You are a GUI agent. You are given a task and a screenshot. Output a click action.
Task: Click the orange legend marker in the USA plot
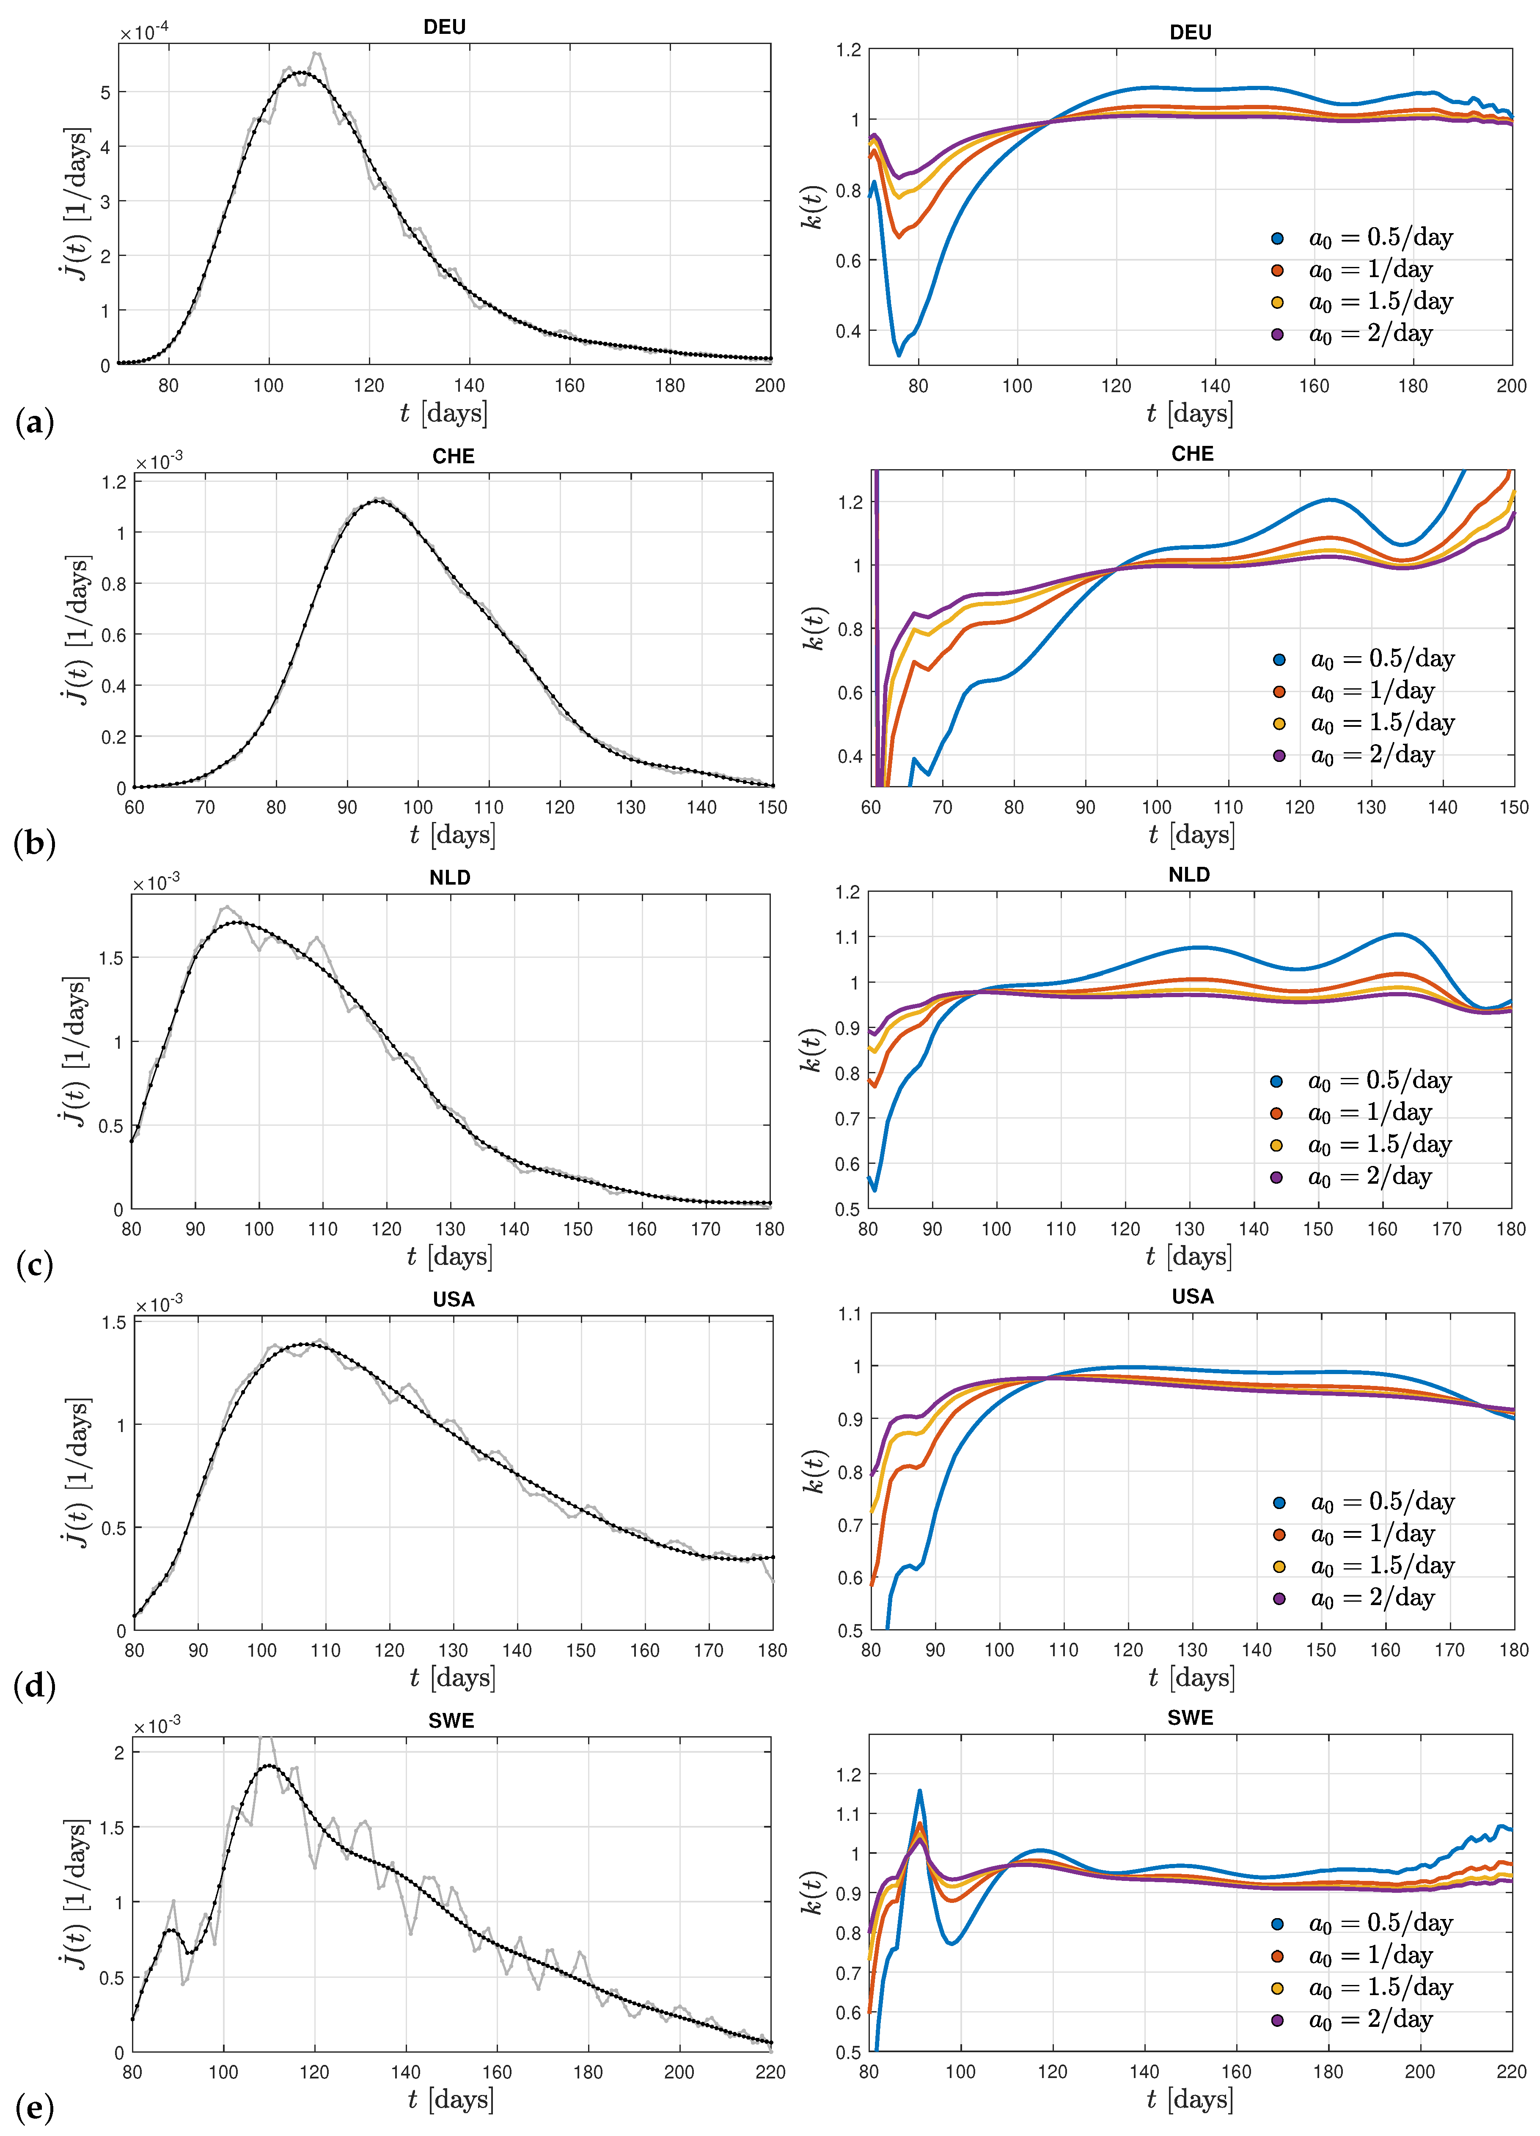coord(1278,1535)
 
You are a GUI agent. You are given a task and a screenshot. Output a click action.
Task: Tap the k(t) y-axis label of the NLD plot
coord(812,1050)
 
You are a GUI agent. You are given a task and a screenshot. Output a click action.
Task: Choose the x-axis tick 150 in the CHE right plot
coord(1512,807)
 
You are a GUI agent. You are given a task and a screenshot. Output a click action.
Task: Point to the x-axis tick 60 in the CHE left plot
coord(135,807)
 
